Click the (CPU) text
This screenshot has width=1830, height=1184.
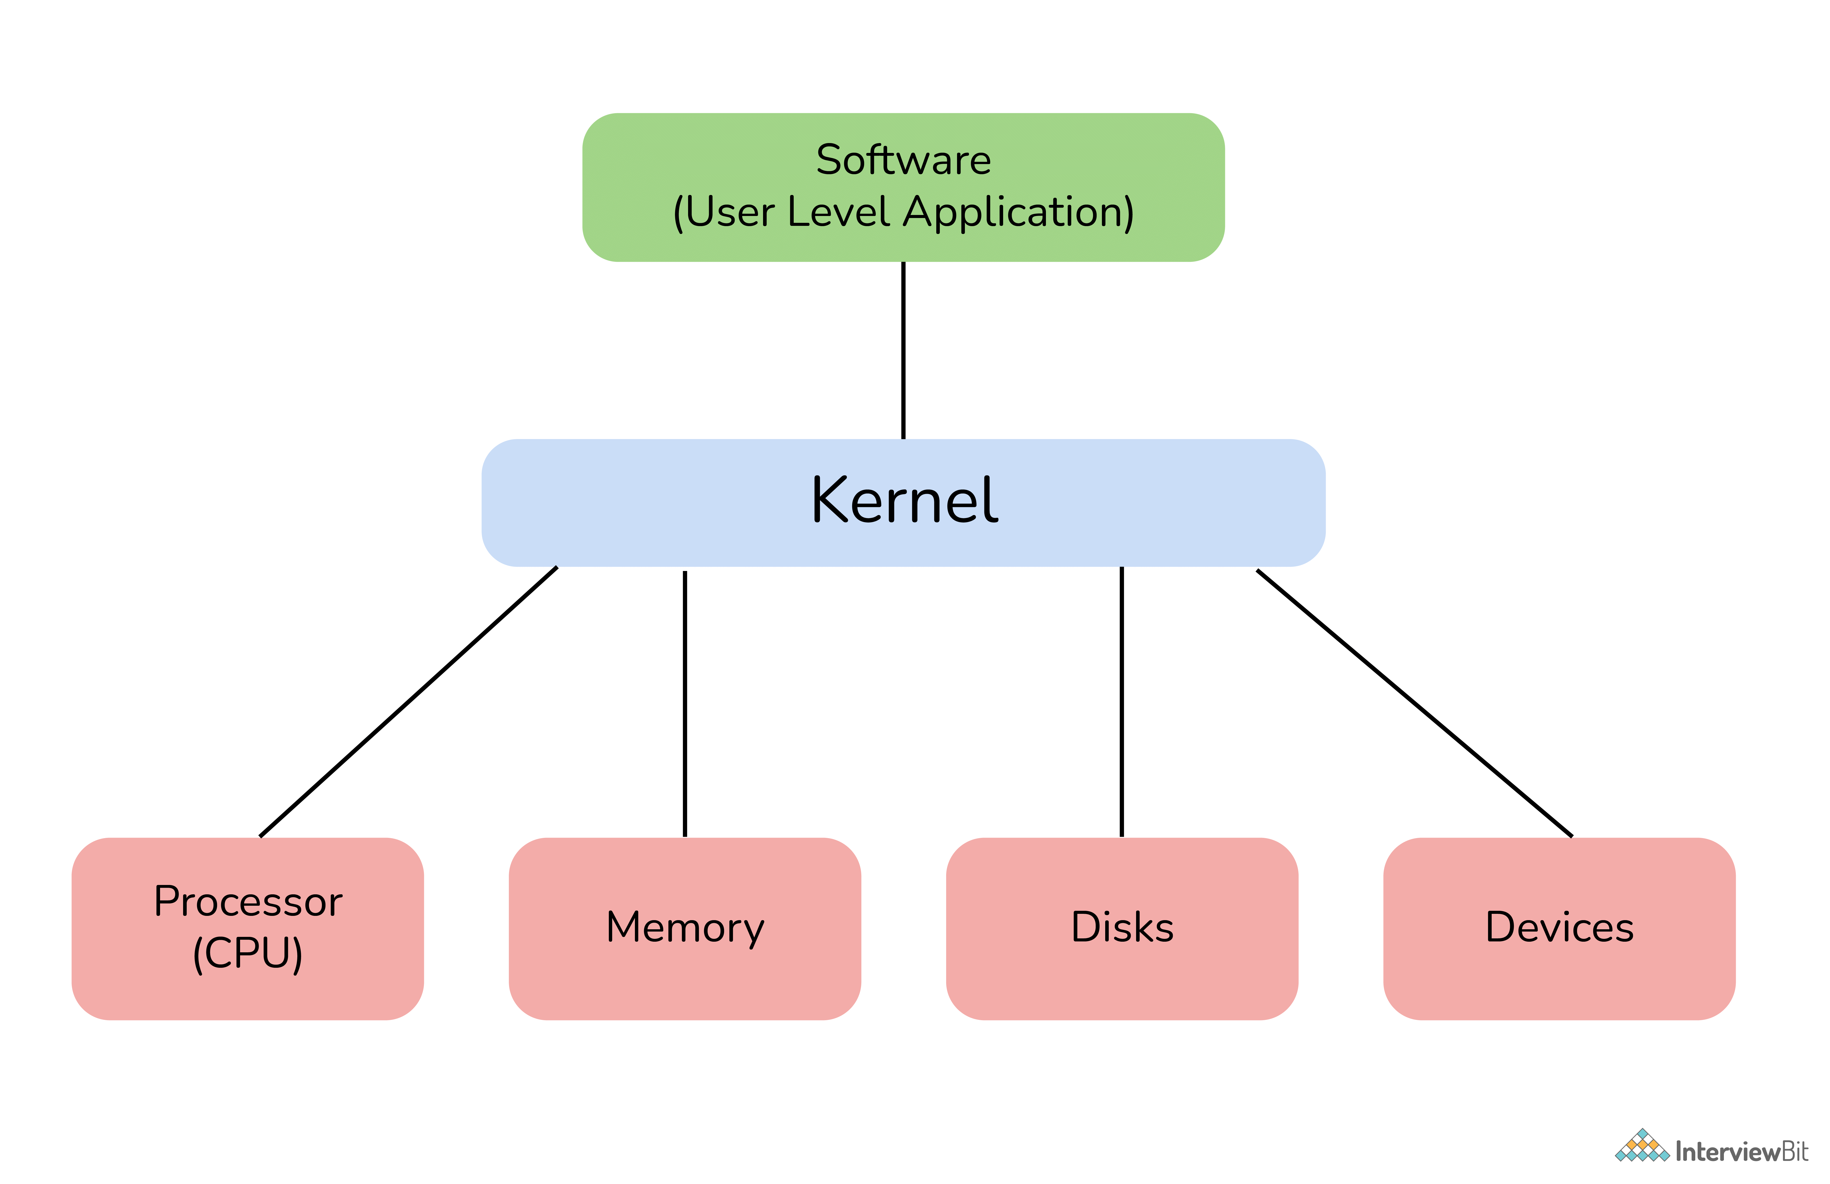(248, 953)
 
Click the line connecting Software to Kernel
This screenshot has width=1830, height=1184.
(903, 351)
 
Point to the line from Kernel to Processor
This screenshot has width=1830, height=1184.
(408, 702)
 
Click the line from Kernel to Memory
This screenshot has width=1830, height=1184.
(685, 703)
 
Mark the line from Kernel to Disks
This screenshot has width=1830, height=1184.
(1122, 702)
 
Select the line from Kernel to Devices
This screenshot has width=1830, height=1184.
(1415, 703)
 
